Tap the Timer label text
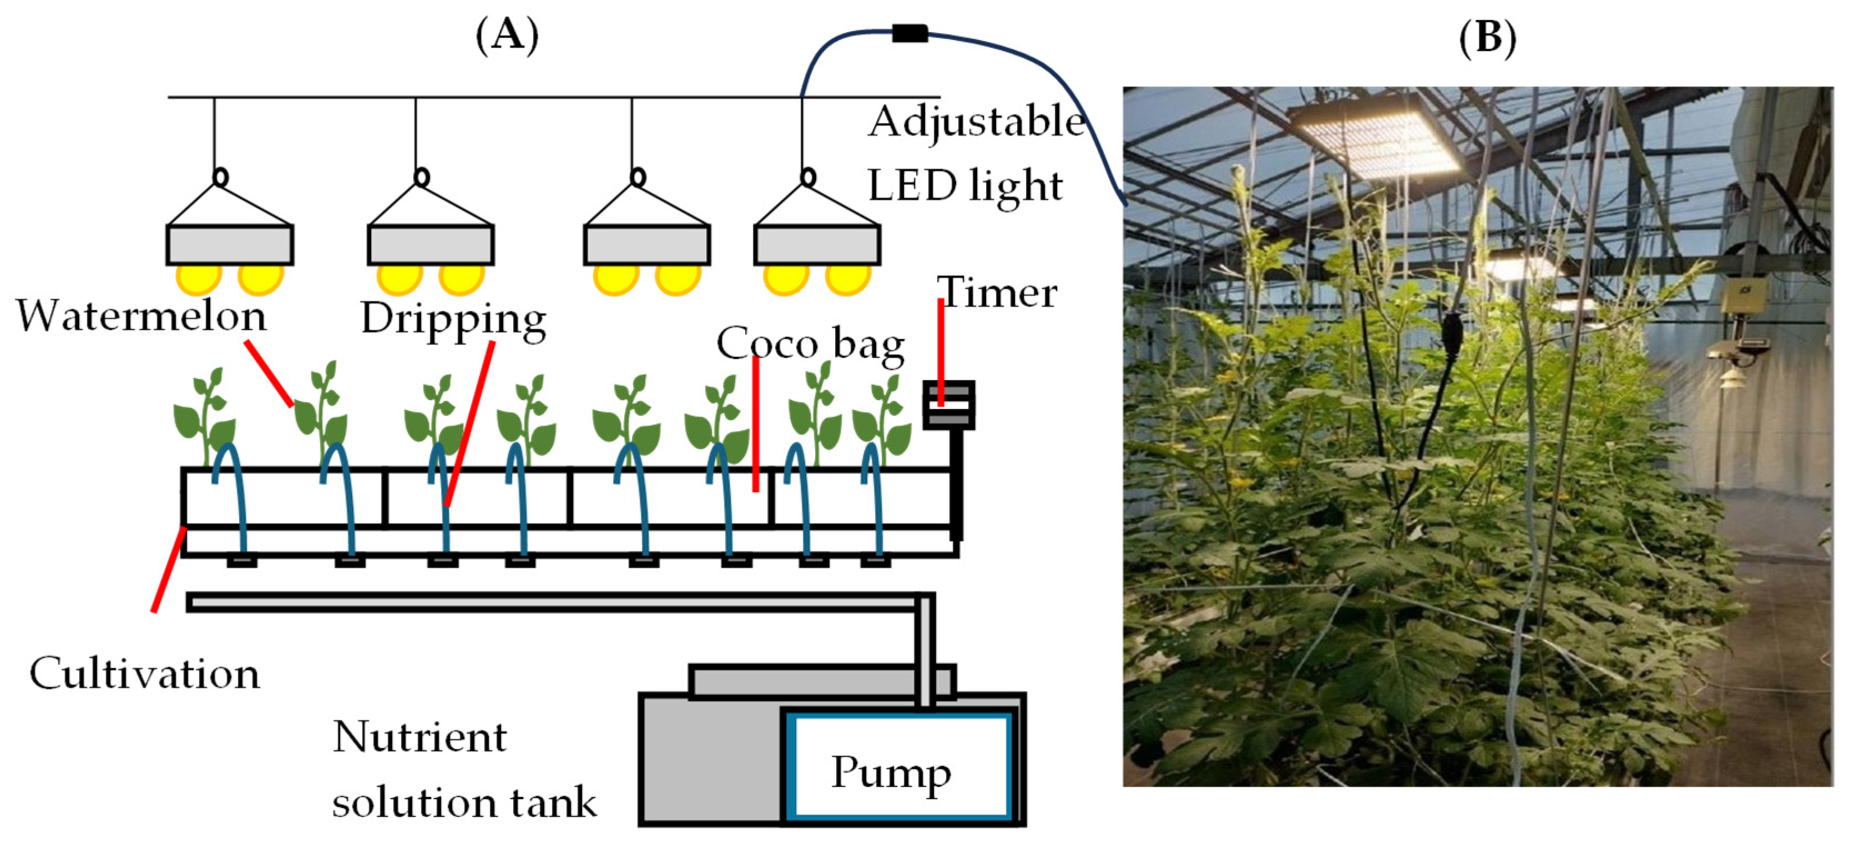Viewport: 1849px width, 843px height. coord(998,292)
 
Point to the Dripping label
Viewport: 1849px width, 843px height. coord(453,320)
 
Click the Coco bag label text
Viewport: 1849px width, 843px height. coord(810,344)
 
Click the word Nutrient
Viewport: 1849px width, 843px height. coord(420,737)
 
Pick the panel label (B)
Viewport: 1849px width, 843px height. coord(1488,37)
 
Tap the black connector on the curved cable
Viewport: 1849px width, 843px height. coord(910,33)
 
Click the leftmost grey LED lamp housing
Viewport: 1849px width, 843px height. coord(230,245)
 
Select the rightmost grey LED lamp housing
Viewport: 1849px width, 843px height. coord(817,245)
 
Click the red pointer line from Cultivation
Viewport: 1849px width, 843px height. coord(169,569)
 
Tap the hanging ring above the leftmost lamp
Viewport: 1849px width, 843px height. coord(221,176)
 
